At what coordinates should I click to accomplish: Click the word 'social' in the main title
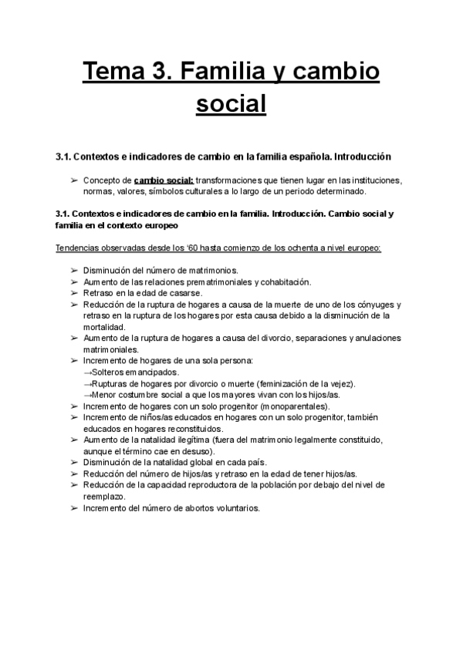(231, 103)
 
